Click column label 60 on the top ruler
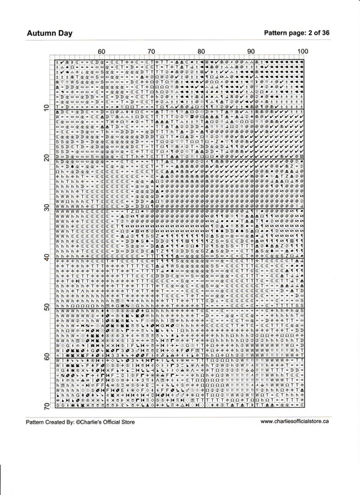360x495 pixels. click(101, 51)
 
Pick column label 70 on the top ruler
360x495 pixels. click(151, 51)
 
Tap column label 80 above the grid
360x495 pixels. click(201, 51)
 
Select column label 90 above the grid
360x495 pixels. click(251, 51)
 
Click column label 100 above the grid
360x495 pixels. click(302, 51)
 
